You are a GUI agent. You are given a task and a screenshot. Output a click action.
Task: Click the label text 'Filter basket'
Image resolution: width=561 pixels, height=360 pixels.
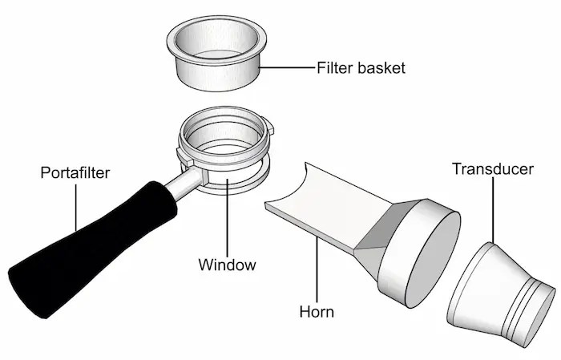pos(361,67)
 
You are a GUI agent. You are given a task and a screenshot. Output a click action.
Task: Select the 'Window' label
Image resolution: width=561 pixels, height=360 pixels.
pos(228,264)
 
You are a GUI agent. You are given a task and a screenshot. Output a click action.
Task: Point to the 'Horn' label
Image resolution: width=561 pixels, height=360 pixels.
pos(316,310)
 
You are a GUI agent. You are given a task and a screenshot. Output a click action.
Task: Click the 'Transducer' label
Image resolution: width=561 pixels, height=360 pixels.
pos(493,169)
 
